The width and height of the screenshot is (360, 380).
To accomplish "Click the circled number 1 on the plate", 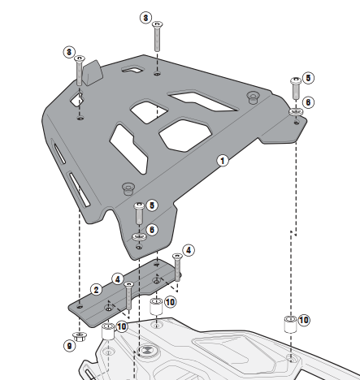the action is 223,161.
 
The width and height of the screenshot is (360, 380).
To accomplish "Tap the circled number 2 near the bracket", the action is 96,290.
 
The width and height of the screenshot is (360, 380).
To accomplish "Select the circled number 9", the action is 69,346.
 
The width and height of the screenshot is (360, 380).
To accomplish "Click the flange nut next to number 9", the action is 80,337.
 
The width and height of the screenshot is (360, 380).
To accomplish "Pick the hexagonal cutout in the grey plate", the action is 185,135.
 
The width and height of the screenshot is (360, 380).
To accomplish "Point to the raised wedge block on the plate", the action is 93,72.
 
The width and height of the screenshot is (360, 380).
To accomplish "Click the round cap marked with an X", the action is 146,350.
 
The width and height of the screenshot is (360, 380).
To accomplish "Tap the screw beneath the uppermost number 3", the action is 157,37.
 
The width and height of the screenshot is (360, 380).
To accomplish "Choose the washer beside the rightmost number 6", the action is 296,111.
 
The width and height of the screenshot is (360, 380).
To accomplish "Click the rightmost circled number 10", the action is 304,320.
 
